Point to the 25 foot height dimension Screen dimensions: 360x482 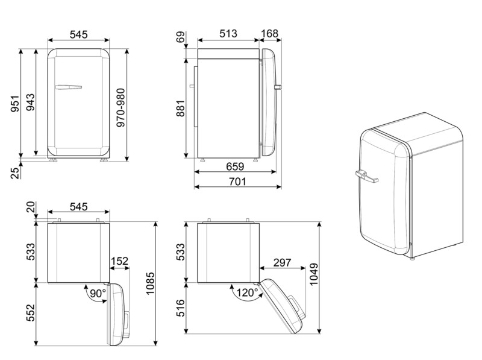pos(16,172)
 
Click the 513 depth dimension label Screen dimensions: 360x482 pos(228,34)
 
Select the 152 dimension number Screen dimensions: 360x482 pos(119,262)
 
